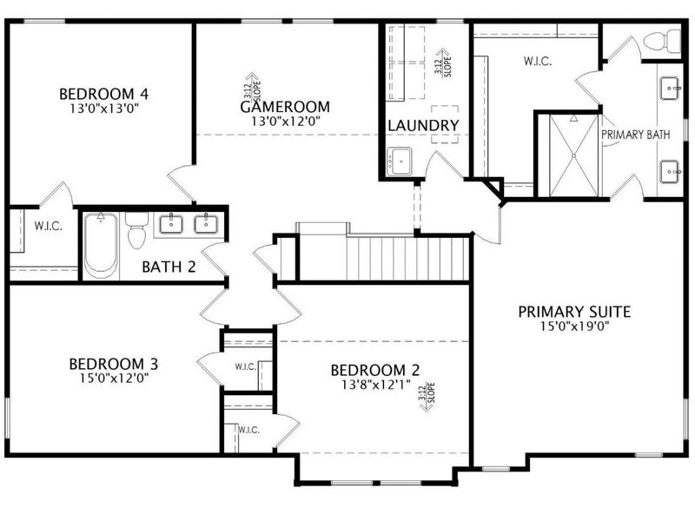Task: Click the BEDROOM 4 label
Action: pyautogui.click(x=99, y=94)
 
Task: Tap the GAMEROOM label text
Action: pyautogui.click(x=285, y=107)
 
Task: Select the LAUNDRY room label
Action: pyautogui.click(x=423, y=126)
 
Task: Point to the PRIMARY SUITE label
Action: pyautogui.click(x=574, y=312)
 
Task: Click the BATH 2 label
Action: pyautogui.click(x=169, y=267)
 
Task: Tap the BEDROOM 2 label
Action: pyautogui.click(x=368, y=371)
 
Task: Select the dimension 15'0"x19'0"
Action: pyautogui.click(x=574, y=327)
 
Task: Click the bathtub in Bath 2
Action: pyautogui.click(x=101, y=247)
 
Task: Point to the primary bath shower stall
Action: pyautogui.click(x=568, y=155)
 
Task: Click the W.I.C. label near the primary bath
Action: pyautogui.click(x=538, y=62)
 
